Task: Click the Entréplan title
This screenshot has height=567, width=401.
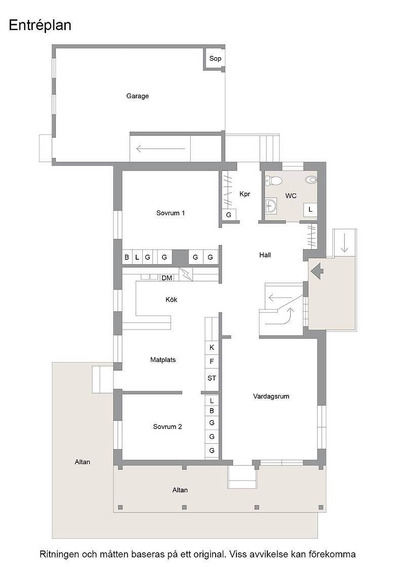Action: [40, 25]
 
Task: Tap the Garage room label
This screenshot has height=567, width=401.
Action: [137, 96]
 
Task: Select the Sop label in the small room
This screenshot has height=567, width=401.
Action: [215, 58]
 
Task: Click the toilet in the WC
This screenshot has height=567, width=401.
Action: [272, 180]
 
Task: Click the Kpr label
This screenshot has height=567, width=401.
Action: [245, 194]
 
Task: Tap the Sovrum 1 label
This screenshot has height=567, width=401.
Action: [170, 213]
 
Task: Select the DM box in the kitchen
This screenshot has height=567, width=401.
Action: [167, 278]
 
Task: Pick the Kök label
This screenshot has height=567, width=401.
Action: [172, 299]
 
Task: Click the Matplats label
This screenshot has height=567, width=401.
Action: [163, 360]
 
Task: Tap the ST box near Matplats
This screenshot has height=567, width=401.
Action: [212, 378]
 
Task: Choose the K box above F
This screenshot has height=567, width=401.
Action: [212, 347]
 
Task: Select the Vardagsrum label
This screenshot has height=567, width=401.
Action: [271, 396]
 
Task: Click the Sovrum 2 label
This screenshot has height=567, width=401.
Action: [168, 427]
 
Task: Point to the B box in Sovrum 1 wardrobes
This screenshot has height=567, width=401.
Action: [127, 258]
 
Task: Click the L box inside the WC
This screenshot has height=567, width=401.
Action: [310, 210]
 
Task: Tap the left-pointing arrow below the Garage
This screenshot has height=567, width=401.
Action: [161, 148]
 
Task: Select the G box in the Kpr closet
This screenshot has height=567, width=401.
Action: [228, 215]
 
